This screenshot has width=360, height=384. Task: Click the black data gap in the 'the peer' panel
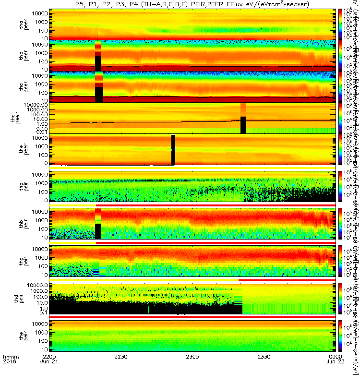173,150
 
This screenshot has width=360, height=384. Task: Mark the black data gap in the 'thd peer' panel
243,125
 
